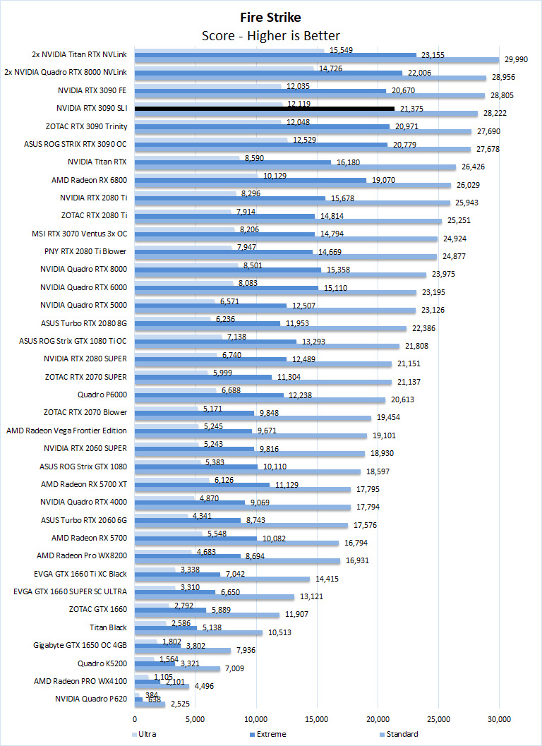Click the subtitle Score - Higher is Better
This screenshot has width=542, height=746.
pyautogui.click(x=270, y=35)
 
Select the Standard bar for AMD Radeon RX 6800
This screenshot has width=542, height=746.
pyautogui.click(x=292, y=185)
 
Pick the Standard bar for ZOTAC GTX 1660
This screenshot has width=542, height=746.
pyautogui.click(x=207, y=615)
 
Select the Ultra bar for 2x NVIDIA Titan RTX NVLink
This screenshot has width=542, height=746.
pyautogui.click(x=229, y=50)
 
